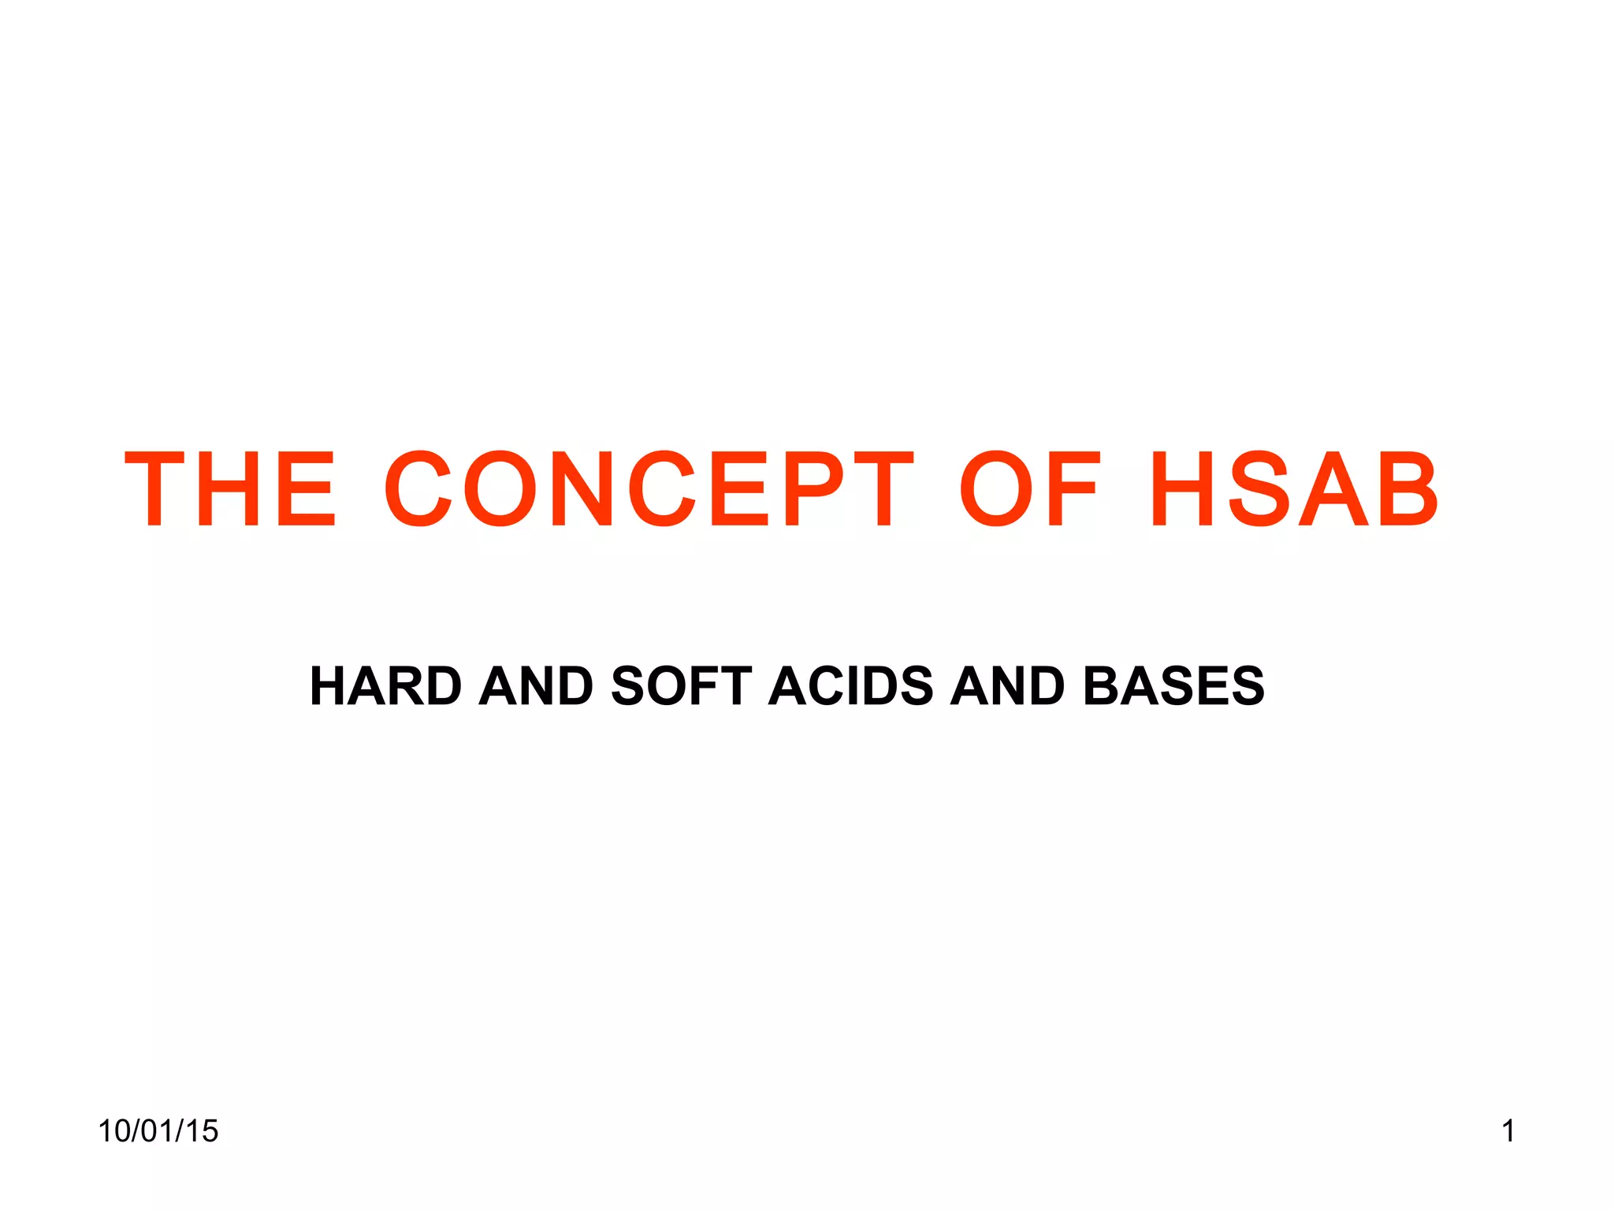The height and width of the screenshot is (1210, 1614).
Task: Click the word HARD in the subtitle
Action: coord(386,685)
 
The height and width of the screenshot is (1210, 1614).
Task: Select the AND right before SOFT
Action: coord(536,685)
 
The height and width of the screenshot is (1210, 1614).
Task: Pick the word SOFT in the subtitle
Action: coord(682,685)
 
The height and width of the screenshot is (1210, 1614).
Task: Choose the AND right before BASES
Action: coord(1007,685)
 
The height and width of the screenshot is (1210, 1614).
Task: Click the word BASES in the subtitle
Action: coord(1173,685)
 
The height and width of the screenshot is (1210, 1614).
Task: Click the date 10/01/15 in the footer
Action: coord(158,1131)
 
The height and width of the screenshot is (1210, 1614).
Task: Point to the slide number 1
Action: coord(1508,1131)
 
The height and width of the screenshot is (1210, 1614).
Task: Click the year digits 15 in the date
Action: coord(203,1131)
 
